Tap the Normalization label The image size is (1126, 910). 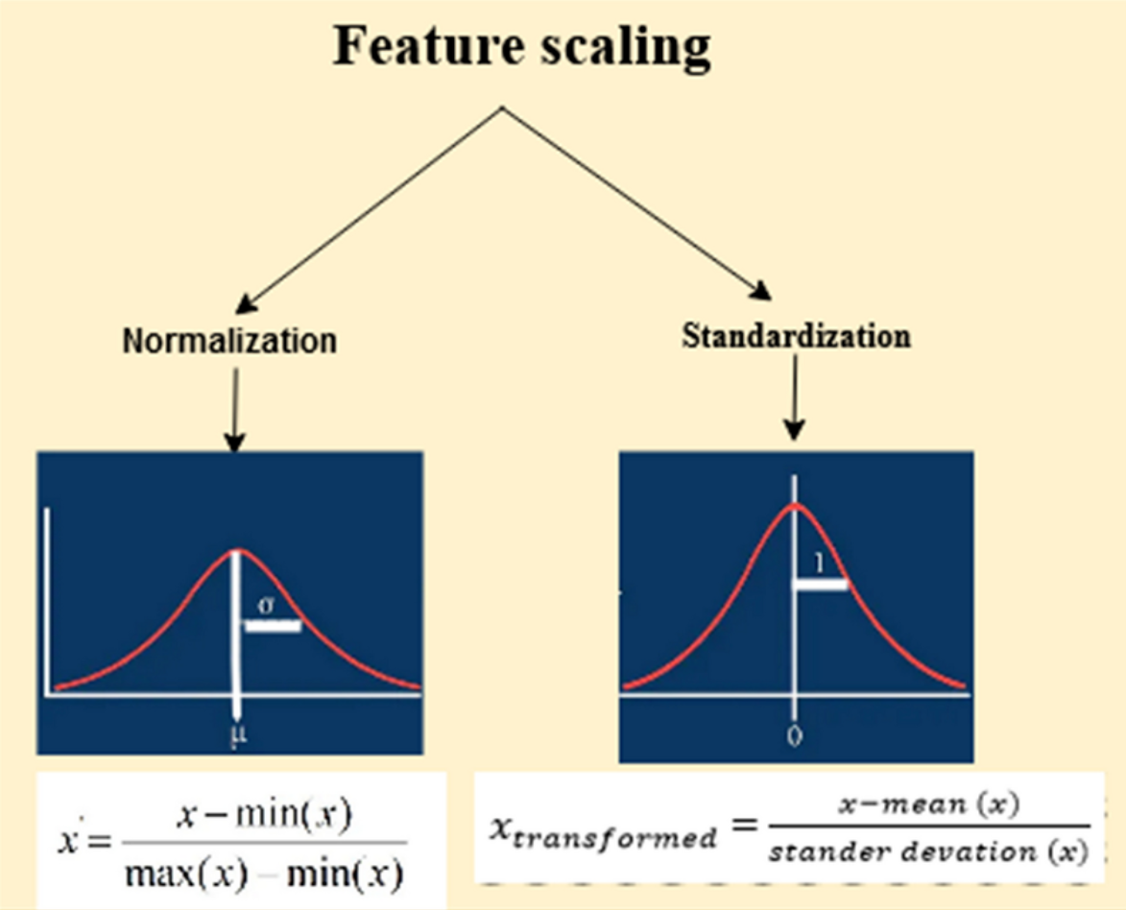click(x=229, y=341)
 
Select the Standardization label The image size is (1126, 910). click(x=796, y=336)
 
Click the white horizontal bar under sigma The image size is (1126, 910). click(x=273, y=626)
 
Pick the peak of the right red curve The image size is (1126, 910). click(x=795, y=504)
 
